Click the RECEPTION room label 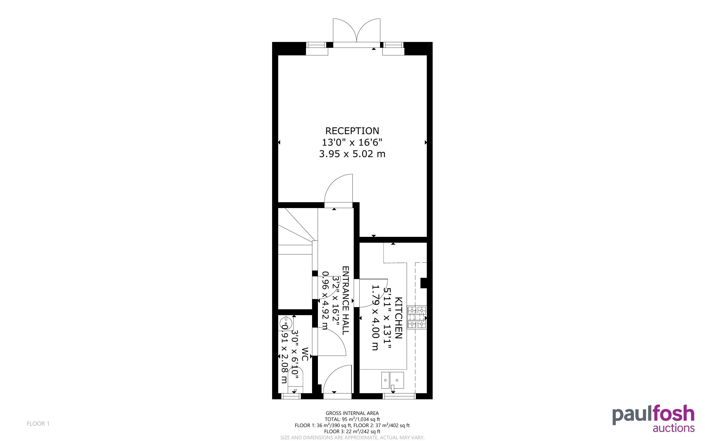[x=352, y=131]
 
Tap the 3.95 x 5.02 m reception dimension [x=352, y=154]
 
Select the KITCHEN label [x=398, y=318]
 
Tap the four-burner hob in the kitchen [x=417, y=317]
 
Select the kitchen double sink [x=392, y=380]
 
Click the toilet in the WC [x=295, y=380]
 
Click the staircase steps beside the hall [x=295, y=231]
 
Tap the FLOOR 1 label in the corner [x=38, y=423]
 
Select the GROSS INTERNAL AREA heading [x=352, y=413]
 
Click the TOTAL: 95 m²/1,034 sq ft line [x=352, y=419]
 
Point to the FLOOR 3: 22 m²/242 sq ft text [x=352, y=431]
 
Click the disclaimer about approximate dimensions [x=352, y=438]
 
